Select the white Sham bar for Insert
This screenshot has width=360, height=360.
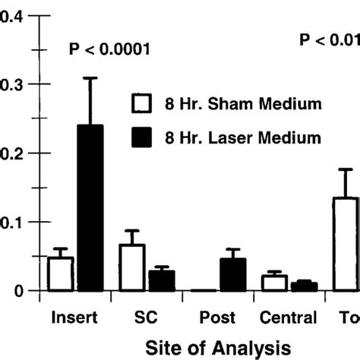pos(60,274)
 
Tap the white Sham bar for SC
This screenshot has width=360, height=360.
pos(132,267)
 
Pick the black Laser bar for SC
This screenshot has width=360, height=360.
pos(162,280)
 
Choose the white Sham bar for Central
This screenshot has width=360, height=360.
pos(274,283)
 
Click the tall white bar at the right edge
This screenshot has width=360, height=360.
pos(346,244)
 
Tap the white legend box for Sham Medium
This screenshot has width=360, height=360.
pos(141,103)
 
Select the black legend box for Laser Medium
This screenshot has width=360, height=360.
pos(141,137)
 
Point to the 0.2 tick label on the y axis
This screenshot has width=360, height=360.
pos(10,153)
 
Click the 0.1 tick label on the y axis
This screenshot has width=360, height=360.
pos(10,222)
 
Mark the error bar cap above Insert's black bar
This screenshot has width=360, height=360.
pos(90,77)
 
